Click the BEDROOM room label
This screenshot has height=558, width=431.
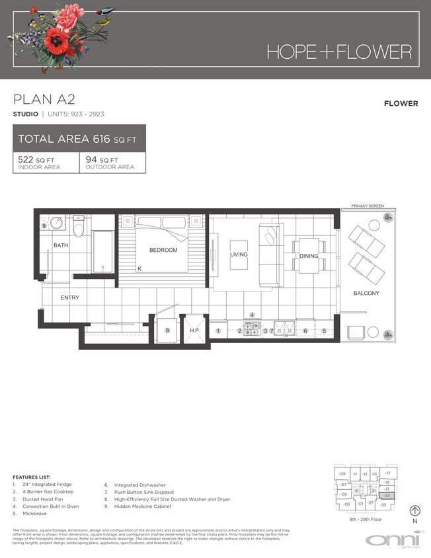[163, 250]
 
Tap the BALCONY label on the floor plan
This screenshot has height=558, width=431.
[366, 293]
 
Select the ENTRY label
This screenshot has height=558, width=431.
[70, 298]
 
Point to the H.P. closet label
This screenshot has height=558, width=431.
[194, 330]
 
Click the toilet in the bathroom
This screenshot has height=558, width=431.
[79, 226]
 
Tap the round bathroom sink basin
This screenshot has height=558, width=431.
[57, 222]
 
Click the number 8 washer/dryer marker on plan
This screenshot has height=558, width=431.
[167, 330]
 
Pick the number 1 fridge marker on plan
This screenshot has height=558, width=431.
[217, 330]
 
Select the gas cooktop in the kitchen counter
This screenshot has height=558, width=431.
[251, 328]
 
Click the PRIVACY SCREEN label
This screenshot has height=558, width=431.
[368, 206]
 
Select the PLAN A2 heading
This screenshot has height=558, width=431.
[44, 100]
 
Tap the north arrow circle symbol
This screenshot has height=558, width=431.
[415, 510]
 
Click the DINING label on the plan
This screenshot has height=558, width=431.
[308, 256]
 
